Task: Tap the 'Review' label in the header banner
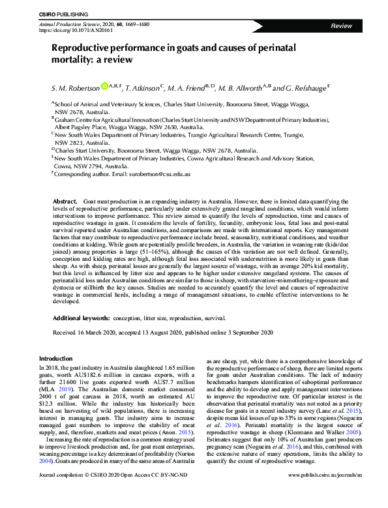341,25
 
